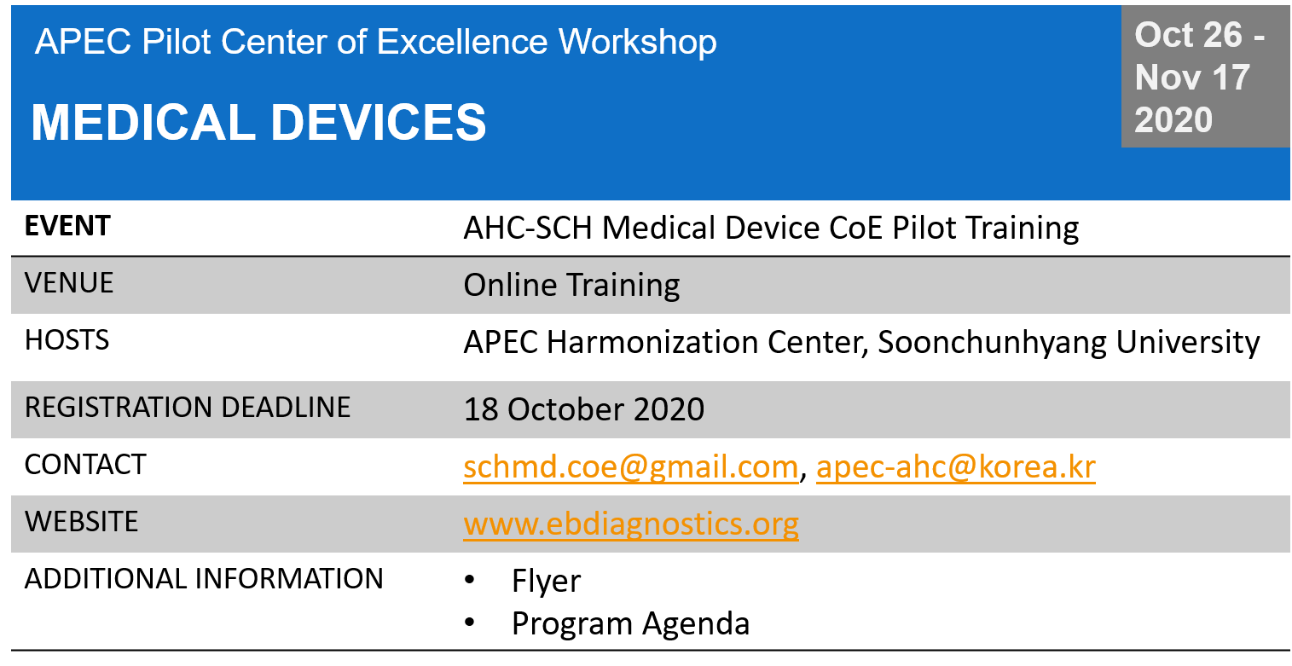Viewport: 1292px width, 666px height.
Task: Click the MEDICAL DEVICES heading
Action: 258,122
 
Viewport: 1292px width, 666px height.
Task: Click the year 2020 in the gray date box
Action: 1173,120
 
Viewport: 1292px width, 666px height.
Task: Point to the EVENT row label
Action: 67,225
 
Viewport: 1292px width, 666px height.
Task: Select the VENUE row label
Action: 68,282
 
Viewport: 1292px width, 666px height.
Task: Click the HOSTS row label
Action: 67,339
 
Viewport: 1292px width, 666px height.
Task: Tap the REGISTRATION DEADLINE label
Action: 188,407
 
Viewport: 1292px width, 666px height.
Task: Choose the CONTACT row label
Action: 85,464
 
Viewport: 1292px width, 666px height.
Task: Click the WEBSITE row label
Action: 81,521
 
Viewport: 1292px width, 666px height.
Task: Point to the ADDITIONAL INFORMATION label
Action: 204,578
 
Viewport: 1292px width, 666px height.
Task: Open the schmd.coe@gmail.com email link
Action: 631,467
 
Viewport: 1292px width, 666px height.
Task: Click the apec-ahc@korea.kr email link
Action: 956,466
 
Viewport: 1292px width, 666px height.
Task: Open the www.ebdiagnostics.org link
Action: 631,524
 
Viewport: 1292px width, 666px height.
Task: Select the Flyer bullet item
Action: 546,581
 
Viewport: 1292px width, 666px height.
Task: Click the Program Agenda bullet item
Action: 630,624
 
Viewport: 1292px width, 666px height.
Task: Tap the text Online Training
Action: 571,285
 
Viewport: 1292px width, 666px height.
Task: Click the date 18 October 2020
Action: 583,409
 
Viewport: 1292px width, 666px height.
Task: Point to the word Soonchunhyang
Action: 992,343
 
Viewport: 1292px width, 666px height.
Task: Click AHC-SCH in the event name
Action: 528,228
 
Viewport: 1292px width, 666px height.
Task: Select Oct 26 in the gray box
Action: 1188,35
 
